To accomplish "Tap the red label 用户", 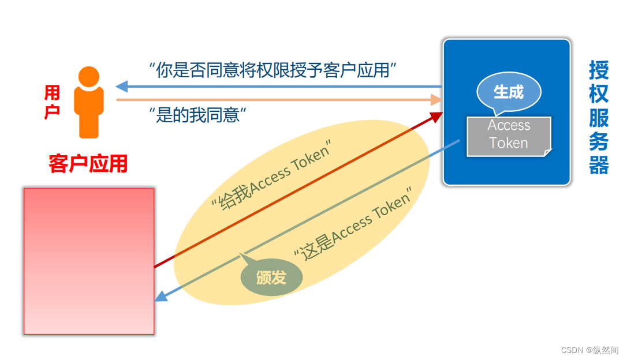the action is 52,102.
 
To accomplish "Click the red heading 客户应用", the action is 88,164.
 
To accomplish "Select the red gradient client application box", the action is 89,261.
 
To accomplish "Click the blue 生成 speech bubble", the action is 509,92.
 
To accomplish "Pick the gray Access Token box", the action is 508,135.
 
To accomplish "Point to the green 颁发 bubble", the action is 271,277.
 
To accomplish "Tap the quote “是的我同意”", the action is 198,115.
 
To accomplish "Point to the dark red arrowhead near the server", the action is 436,116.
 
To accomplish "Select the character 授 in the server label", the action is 599,70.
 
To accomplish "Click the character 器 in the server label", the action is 599,164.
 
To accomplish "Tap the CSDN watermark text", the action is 589,350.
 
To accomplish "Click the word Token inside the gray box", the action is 508,143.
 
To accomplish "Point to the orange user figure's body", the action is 89,112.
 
